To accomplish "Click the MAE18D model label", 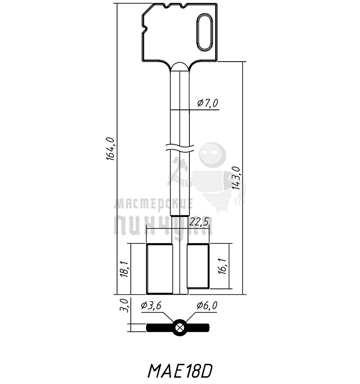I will pyautogui.click(x=180, y=370).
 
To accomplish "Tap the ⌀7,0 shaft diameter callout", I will pyautogui.click(x=207, y=104).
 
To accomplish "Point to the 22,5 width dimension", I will pyautogui.click(x=199, y=221).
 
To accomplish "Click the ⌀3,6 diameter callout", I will pyautogui.click(x=151, y=305).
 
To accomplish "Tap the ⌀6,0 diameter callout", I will pyautogui.click(x=207, y=305).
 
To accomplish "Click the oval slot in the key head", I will pyautogui.click(x=204, y=32).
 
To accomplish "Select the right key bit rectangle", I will pyautogui.click(x=197, y=267).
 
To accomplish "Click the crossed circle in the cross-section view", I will pyautogui.click(x=180, y=327).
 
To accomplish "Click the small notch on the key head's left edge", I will pyautogui.click(x=144, y=31).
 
